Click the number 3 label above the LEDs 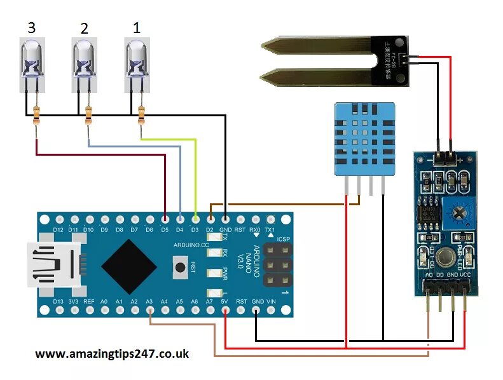tap(32, 28)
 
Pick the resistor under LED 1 tap(141, 115)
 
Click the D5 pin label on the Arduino tap(164, 229)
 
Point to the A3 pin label tap(149, 301)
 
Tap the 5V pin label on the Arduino tap(225, 301)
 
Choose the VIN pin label tap(272, 301)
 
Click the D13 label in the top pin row tap(58, 301)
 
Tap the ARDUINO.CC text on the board tap(191, 245)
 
